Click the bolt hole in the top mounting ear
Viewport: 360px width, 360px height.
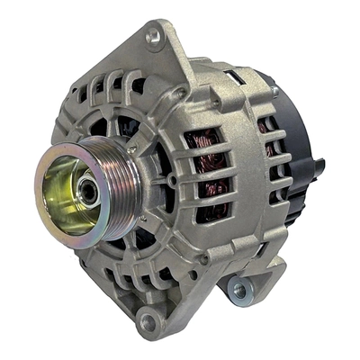click(152, 35)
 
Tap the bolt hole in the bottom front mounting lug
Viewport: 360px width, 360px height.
click(147, 320)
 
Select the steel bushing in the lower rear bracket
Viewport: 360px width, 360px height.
click(239, 290)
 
